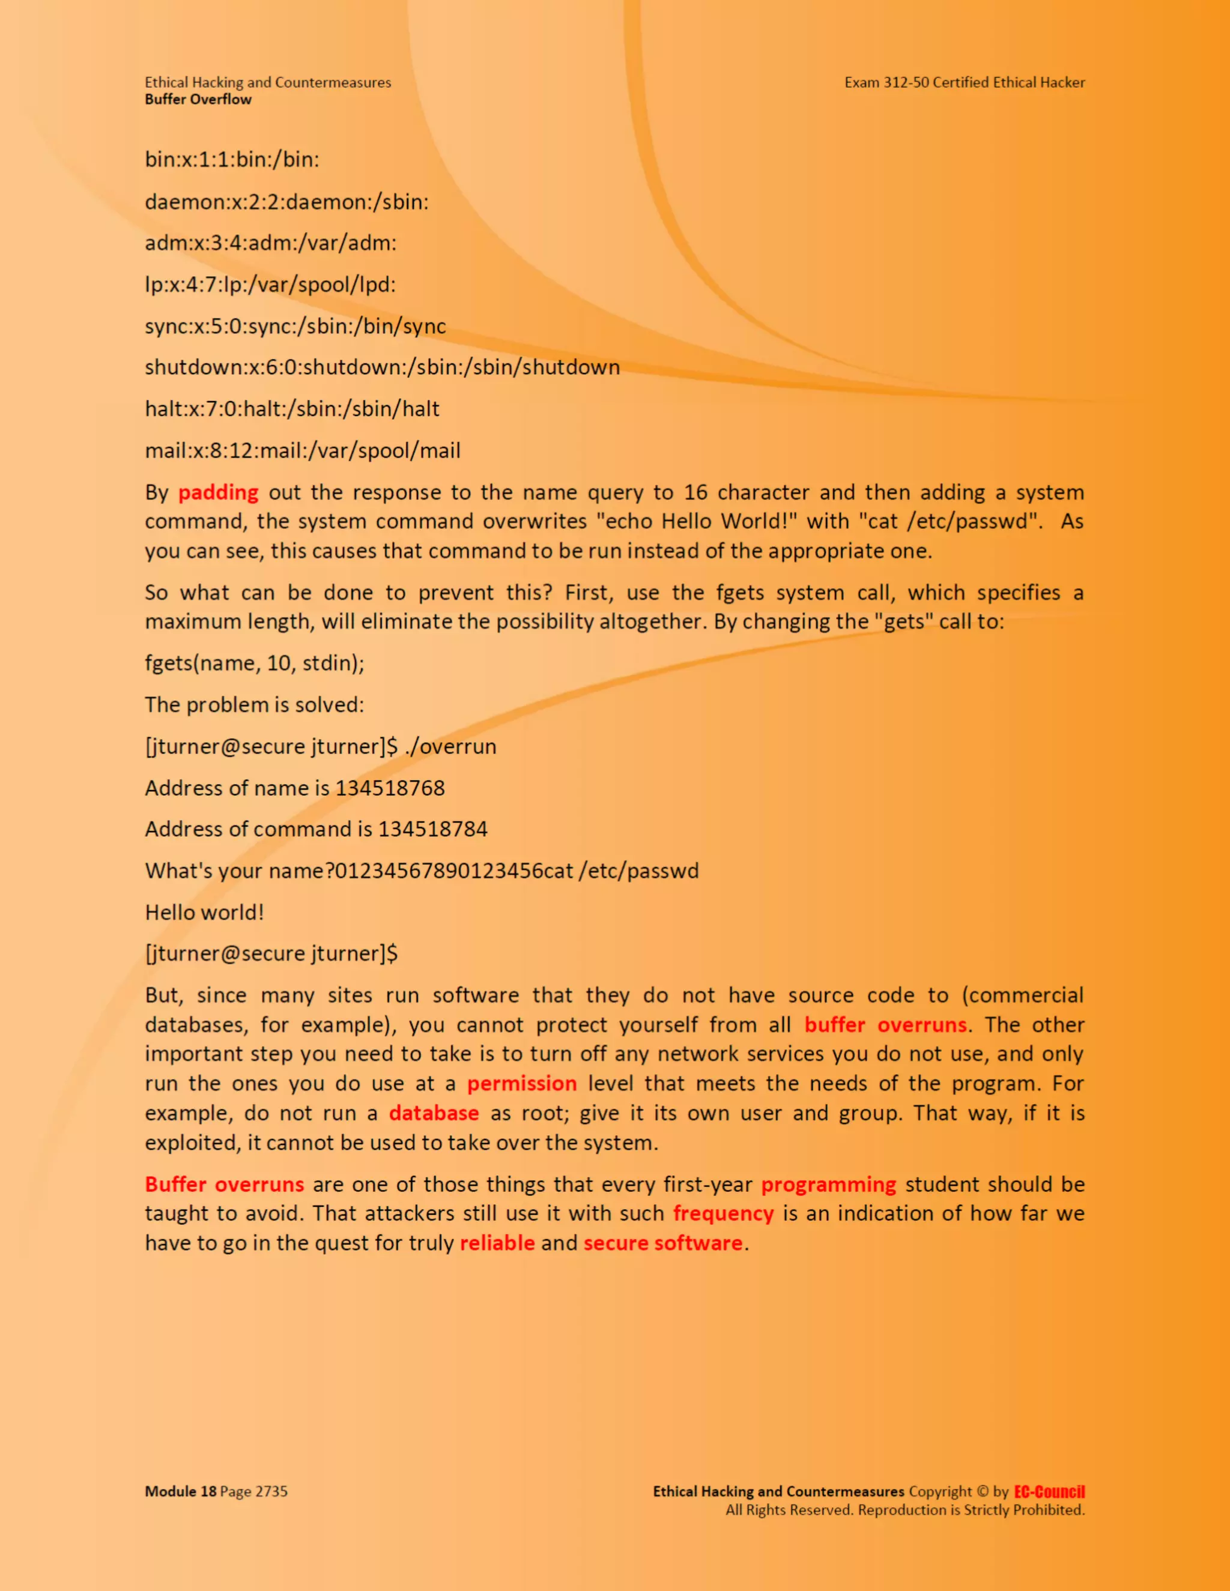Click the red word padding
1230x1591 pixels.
point(218,493)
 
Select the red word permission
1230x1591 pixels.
point(522,1084)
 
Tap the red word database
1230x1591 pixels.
point(434,1113)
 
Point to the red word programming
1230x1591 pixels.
point(828,1185)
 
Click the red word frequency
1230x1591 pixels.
point(723,1213)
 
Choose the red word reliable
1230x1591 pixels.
point(497,1243)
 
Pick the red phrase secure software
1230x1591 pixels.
point(662,1243)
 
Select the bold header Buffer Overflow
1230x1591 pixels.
point(198,100)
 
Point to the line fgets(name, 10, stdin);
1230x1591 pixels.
point(254,663)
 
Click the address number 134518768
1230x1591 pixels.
point(390,788)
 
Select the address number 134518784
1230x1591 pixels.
point(433,830)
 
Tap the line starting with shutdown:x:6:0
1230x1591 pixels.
point(382,367)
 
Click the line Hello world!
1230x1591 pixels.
point(204,913)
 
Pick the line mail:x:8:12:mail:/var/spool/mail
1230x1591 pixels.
point(303,451)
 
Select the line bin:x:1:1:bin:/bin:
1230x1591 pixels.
point(232,160)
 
